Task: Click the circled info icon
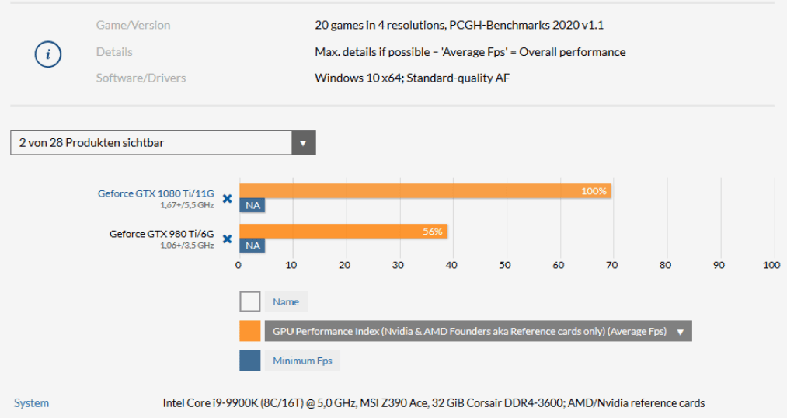[x=48, y=54]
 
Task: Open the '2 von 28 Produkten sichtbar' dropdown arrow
[x=303, y=143]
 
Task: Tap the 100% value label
[x=594, y=191]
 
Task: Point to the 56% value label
[x=433, y=232]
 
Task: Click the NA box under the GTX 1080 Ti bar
[x=252, y=206]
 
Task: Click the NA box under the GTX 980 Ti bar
[x=252, y=246]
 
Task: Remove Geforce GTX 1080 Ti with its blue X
[x=227, y=199]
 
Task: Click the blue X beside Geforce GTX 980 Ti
[x=227, y=239]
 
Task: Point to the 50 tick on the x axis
[x=505, y=265]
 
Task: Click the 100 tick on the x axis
[x=771, y=265]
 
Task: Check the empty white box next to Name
[x=250, y=301]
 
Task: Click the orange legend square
[x=250, y=331]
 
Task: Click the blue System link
[x=31, y=403]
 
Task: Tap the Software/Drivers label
[x=141, y=78]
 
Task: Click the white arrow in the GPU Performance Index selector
[x=681, y=332]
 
